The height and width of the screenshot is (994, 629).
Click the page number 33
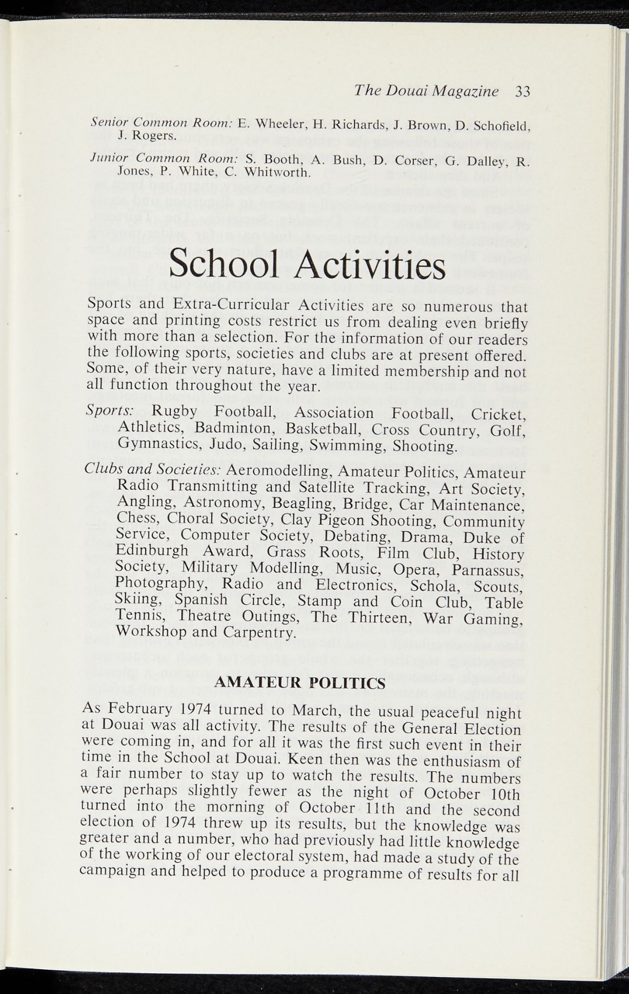pos(522,92)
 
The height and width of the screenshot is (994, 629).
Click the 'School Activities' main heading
pos(307,266)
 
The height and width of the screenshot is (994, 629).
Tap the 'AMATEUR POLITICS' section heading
pos(299,683)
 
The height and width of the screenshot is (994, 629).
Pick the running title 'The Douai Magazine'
pos(426,91)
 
